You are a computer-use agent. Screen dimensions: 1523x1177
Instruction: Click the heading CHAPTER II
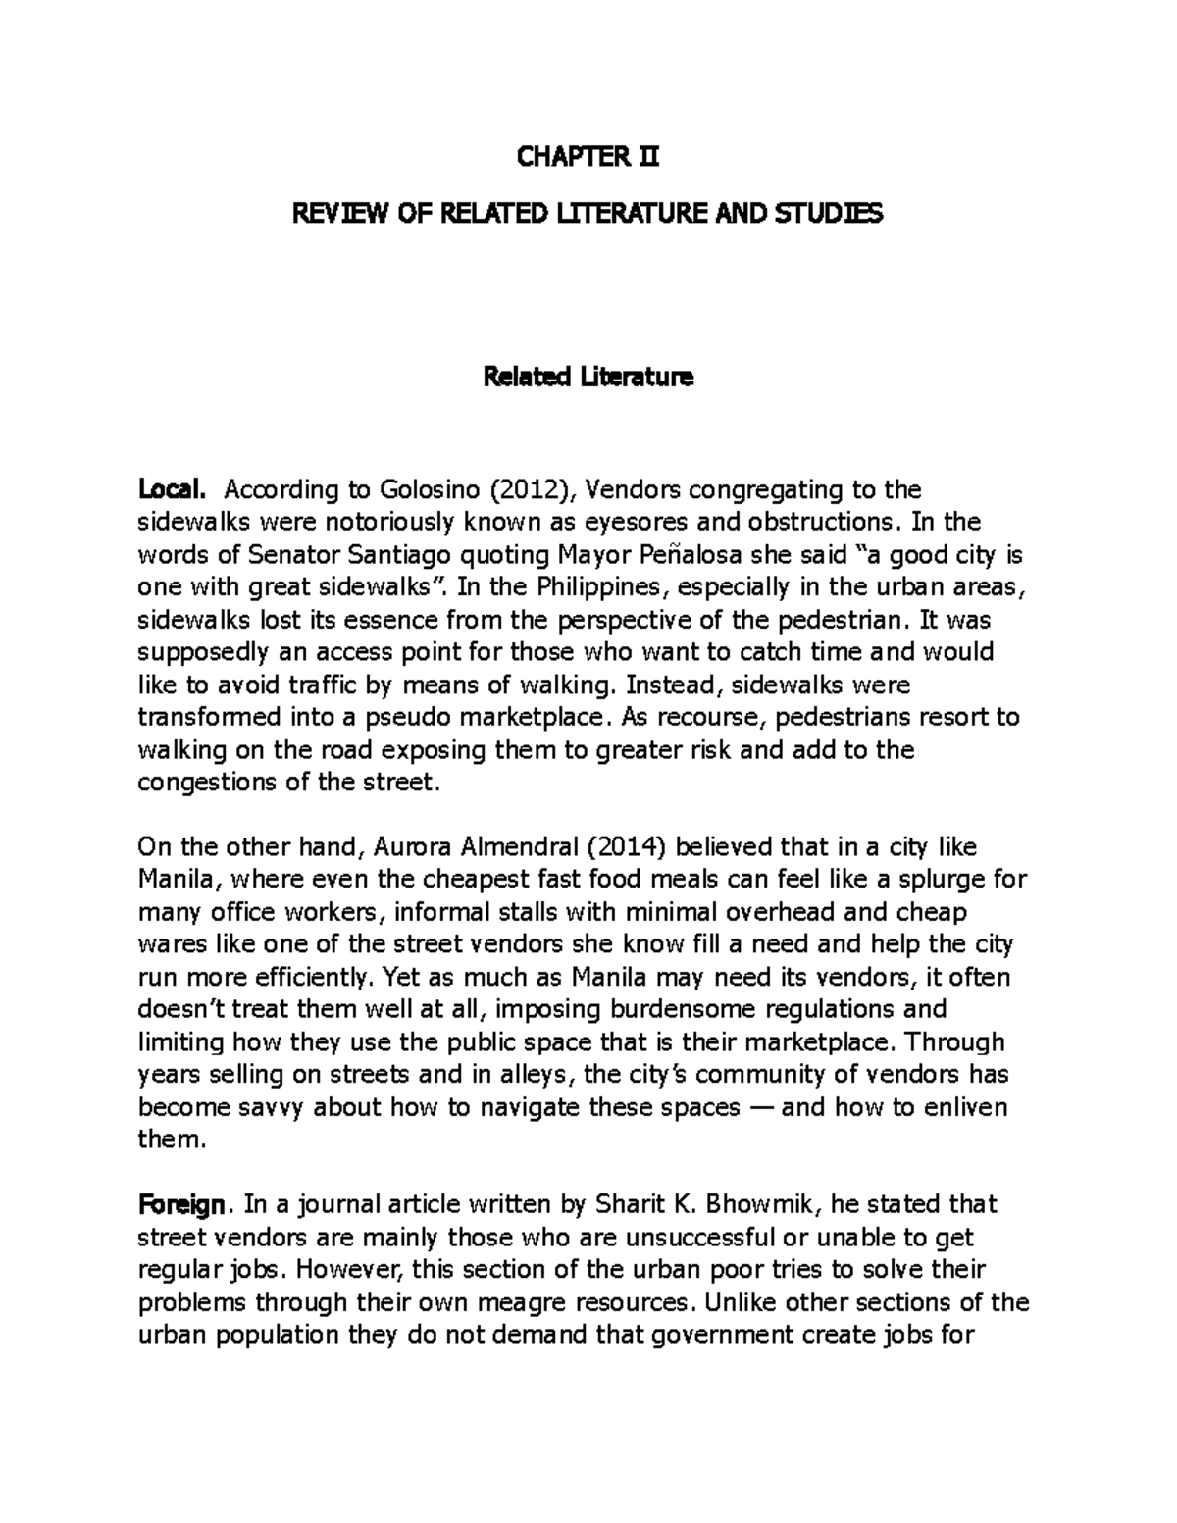(x=588, y=156)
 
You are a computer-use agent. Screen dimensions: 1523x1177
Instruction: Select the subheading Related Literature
(x=588, y=378)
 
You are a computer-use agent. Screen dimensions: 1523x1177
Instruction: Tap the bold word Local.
(x=173, y=488)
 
